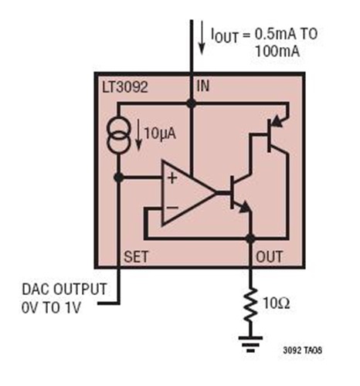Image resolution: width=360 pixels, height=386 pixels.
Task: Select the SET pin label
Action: pos(137,254)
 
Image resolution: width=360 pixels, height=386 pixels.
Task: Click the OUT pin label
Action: pos(269,255)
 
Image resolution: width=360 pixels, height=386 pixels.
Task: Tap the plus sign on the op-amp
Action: pos(171,178)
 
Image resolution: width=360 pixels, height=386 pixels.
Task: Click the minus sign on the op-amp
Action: pos(171,207)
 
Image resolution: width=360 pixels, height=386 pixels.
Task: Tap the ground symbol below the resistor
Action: pos(250,343)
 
